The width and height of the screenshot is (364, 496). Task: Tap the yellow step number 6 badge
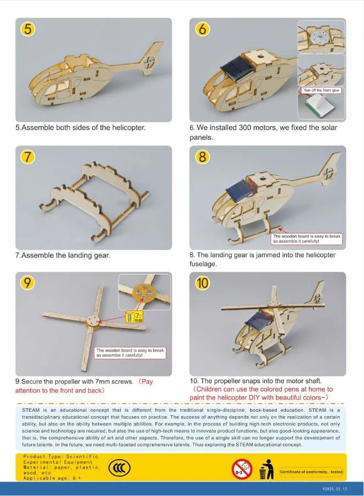click(202, 30)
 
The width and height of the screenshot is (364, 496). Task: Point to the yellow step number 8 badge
click(203, 157)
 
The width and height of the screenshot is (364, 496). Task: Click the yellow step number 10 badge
click(203, 284)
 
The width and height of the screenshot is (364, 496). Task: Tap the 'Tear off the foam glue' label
click(322, 90)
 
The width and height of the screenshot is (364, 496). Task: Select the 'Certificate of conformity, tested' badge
click(311, 472)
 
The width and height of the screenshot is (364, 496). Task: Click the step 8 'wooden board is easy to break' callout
click(307, 239)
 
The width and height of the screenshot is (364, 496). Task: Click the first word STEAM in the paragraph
click(32, 410)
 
